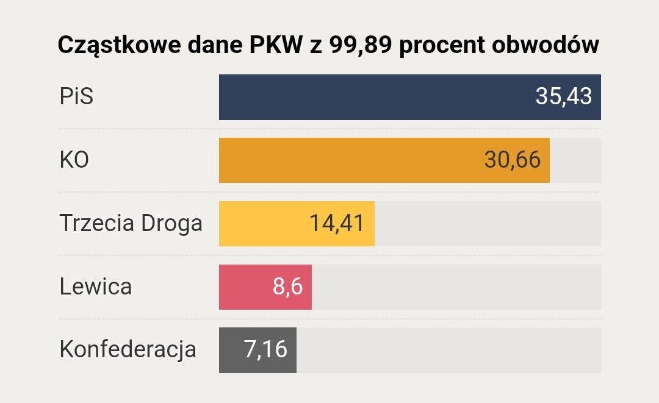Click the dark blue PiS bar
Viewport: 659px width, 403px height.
[x=366, y=97]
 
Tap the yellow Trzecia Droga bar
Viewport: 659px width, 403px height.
[x=262, y=224]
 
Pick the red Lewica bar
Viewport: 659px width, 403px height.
[x=244, y=287]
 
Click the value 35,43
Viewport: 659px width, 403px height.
[x=564, y=96]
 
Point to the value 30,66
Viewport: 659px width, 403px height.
[x=513, y=160]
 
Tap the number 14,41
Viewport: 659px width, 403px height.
[x=337, y=223]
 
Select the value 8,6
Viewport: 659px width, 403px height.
[x=287, y=287]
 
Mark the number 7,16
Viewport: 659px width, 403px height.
[x=265, y=350]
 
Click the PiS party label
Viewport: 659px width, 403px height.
[x=76, y=97]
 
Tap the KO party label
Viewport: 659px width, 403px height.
[x=74, y=160]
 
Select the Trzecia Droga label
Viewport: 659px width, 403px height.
[x=131, y=224]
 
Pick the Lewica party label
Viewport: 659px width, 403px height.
[x=96, y=287]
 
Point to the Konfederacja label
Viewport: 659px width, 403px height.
[x=128, y=350]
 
